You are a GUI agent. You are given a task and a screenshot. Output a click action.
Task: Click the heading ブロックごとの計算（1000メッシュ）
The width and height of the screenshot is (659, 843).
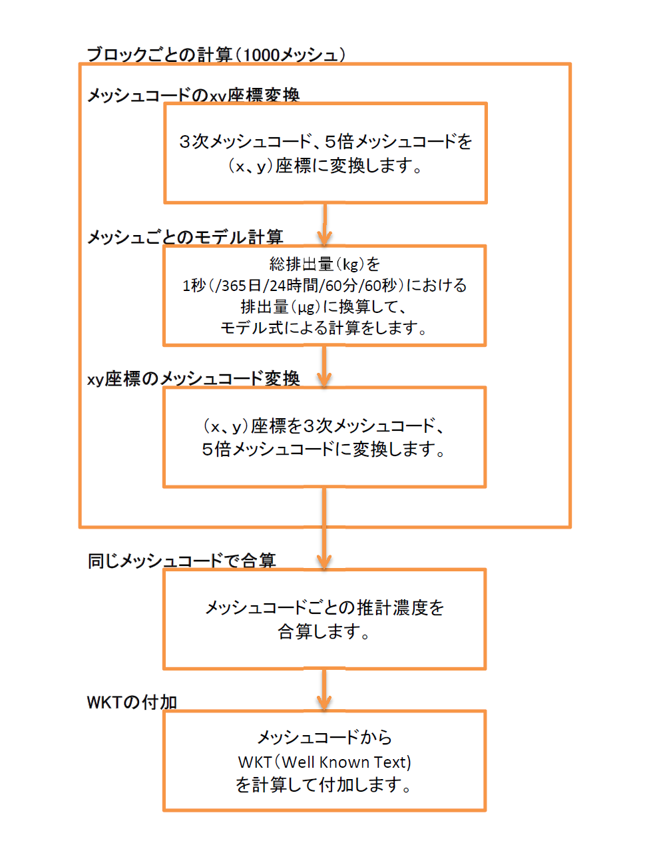click(x=216, y=55)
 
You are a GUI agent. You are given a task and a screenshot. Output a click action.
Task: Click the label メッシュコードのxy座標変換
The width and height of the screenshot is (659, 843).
click(x=193, y=95)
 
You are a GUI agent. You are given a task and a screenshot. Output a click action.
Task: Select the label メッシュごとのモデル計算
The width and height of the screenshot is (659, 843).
click(x=185, y=237)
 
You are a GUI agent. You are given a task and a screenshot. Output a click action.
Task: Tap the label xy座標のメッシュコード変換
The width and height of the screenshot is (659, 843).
click(x=193, y=379)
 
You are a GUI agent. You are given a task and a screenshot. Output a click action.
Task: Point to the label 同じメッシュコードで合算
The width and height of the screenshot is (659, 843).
click(x=181, y=561)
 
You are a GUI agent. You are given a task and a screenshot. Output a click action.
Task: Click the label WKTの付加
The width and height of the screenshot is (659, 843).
click(x=132, y=702)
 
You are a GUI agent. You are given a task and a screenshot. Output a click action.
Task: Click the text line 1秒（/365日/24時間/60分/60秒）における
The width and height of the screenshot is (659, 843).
click(x=325, y=286)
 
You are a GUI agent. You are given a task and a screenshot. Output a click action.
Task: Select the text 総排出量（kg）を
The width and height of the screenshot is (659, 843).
click(x=325, y=264)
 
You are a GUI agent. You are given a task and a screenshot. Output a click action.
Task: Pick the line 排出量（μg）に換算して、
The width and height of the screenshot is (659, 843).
click(x=325, y=307)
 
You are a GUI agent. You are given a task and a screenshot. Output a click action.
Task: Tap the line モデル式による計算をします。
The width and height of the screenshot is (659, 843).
click(x=325, y=328)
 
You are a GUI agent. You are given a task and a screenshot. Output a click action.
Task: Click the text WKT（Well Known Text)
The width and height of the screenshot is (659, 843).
click(x=325, y=762)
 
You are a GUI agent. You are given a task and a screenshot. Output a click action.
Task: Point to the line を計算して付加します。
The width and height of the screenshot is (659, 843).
click(x=325, y=785)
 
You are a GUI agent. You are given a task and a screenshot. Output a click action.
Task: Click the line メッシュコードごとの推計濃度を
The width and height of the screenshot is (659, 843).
click(x=325, y=607)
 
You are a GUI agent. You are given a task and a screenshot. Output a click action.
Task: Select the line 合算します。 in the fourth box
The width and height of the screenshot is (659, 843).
click(x=325, y=631)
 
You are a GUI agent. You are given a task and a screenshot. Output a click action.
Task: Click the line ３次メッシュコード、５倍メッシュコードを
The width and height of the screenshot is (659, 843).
click(x=325, y=141)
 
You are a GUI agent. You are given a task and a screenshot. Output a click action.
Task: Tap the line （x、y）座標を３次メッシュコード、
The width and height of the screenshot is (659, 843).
click(x=325, y=425)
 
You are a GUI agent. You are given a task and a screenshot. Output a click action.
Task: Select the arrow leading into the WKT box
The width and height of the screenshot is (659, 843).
click(x=324, y=690)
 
